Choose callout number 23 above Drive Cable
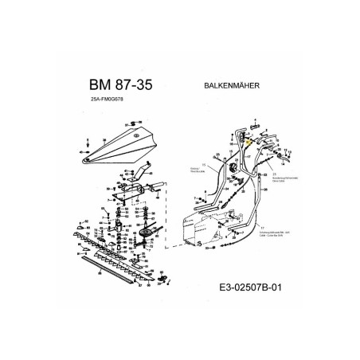[273, 172]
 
